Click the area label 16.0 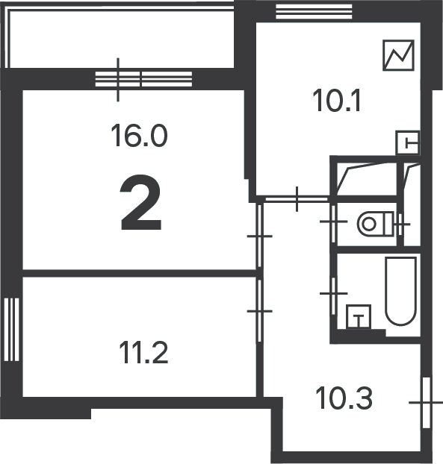pos(139,136)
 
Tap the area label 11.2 pos(143,352)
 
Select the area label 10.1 pos(337,101)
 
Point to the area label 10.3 pos(344,398)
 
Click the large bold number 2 pos(140,202)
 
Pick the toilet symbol pos(376,224)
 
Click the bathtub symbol pos(400,291)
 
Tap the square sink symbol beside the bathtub pos(359,316)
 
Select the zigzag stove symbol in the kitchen pos(398,55)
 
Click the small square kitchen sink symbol pos(408,142)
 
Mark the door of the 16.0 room pos(259,236)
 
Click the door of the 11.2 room pos(259,311)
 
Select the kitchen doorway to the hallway pos(297,199)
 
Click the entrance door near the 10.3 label pos(426,402)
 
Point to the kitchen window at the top pos(314,11)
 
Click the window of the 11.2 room pos(11,330)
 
